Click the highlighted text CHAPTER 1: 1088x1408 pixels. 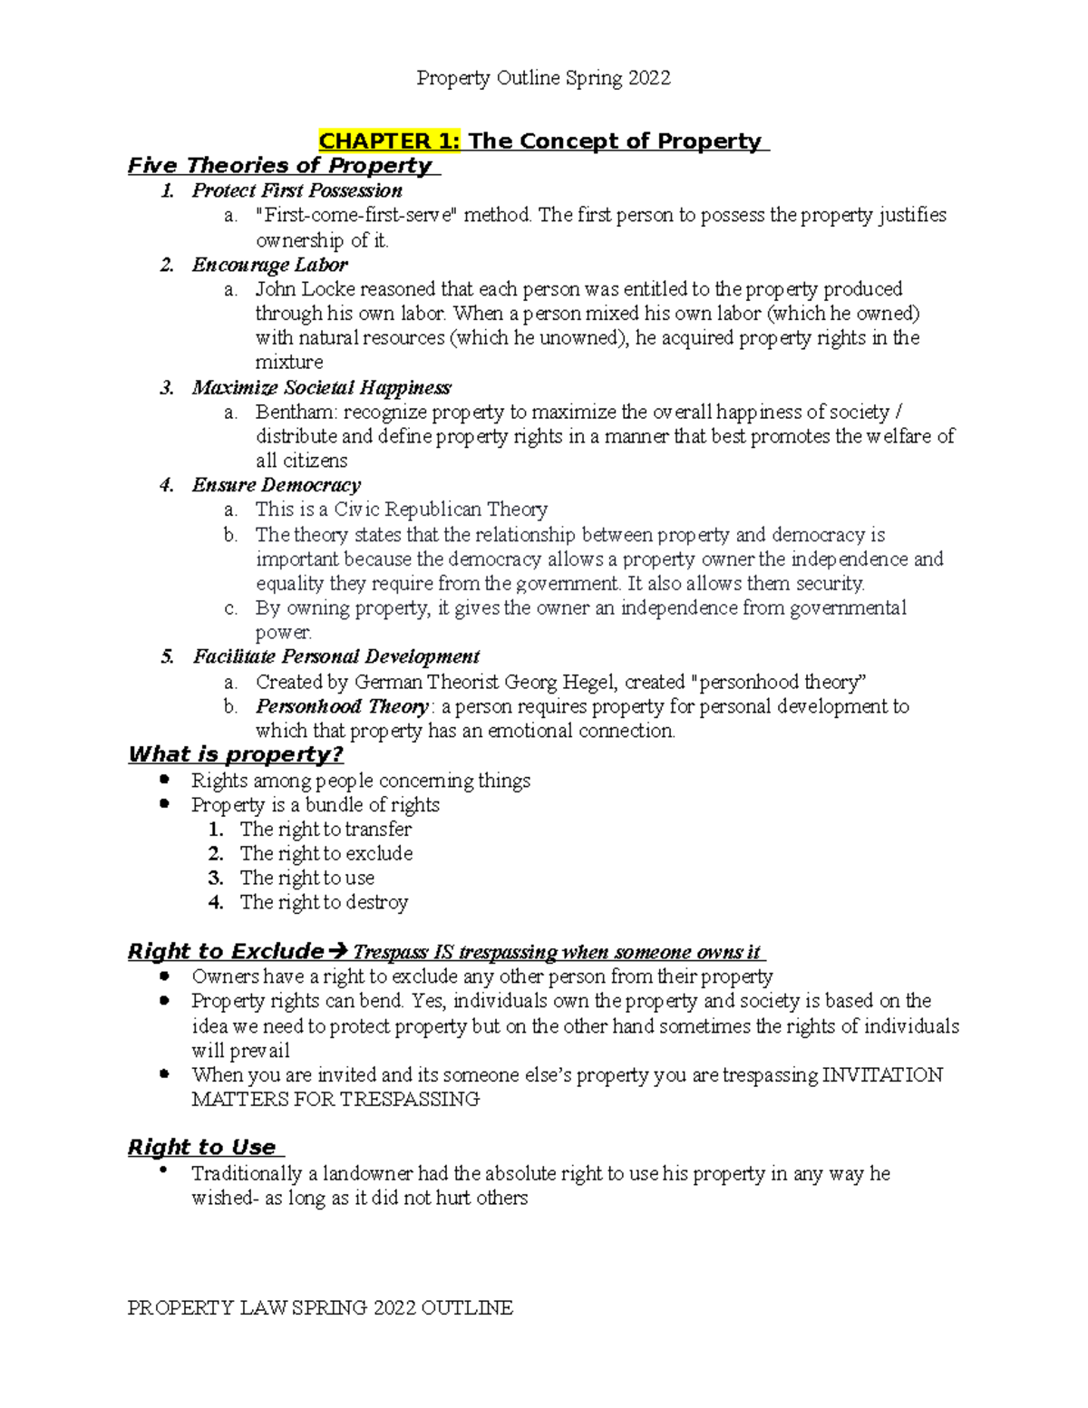389,141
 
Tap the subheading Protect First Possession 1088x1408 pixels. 296,190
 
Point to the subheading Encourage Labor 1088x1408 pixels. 269,265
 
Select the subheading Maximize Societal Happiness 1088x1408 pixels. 321,388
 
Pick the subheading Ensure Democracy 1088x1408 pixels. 276,485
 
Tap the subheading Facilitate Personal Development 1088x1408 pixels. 335,656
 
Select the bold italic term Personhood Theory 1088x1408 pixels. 342,706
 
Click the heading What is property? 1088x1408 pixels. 236,755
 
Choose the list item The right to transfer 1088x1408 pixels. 325,830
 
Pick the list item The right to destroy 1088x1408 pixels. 324,903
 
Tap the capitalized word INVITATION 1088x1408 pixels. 882,1075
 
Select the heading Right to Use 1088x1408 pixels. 202,1148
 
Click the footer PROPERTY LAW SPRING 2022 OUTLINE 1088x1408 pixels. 320,1307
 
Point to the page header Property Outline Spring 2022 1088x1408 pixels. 543,79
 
